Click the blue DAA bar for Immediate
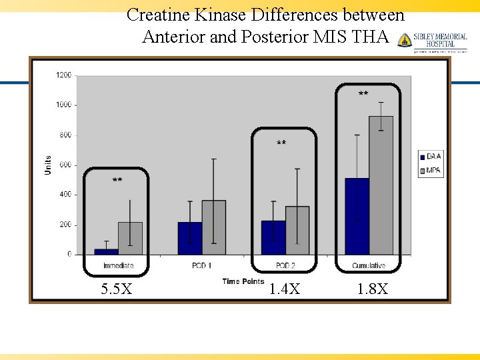click(106, 251)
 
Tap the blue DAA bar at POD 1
click(189, 238)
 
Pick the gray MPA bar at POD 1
click(213, 227)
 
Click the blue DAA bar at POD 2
click(273, 237)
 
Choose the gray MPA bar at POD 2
click(297, 230)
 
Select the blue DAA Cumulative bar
click(357, 216)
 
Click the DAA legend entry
click(430, 156)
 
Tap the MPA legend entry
click(430, 171)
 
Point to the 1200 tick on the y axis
click(64, 75)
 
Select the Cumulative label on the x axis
click(369, 266)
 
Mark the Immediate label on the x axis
click(118, 266)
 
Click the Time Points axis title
click(243, 281)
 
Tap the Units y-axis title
click(48, 165)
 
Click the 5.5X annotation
click(116, 289)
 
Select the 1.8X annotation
click(372, 289)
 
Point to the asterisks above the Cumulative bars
click(363, 95)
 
